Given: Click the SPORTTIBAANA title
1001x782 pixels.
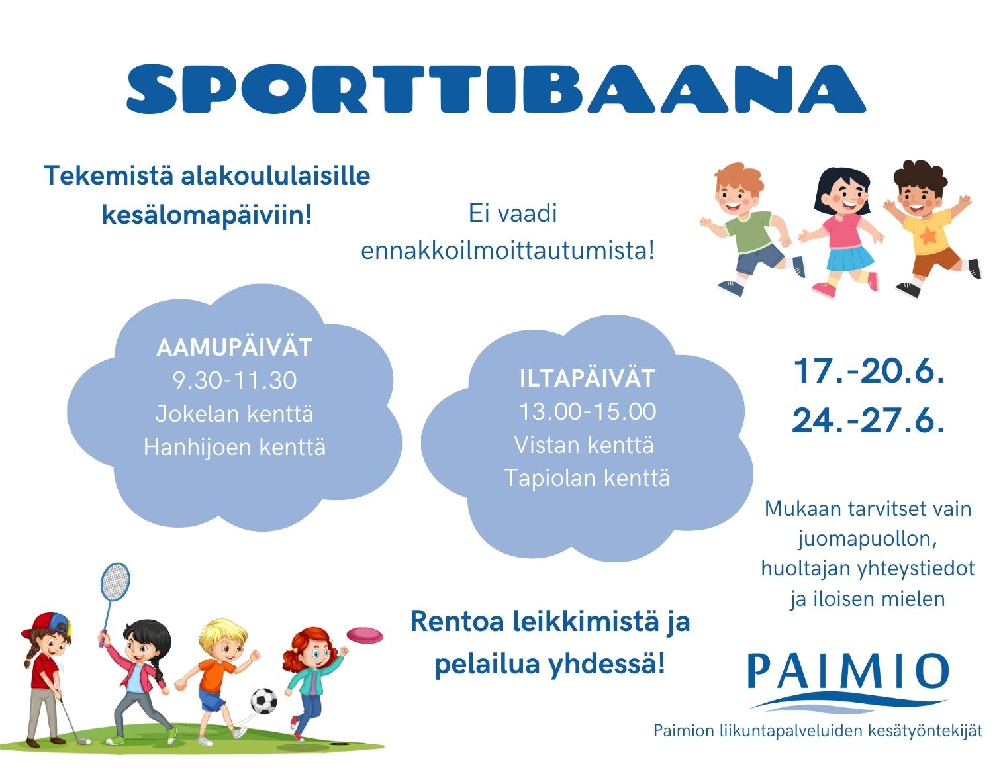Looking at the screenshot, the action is pyautogui.click(x=496, y=88).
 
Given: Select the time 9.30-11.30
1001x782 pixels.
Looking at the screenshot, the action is pyautogui.click(x=234, y=381).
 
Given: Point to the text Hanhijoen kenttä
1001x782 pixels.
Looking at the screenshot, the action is pyautogui.click(x=234, y=447).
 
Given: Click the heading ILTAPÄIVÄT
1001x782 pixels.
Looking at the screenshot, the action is pyautogui.click(x=587, y=378).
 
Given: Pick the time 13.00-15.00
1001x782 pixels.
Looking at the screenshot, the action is pyautogui.click(x=587, y=411).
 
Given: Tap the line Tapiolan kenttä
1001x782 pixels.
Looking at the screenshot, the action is pyautogui.click(x=587, y=478).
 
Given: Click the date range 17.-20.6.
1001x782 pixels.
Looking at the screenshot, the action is pyautogui.click(x=869, y=371).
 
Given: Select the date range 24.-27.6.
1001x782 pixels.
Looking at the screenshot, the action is pyautogui.click(x=869, y=420).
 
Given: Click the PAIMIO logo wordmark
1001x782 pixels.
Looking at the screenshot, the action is pyautogui.click(x=848, y=670).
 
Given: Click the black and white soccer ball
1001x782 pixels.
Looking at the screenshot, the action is pyautogui.click(x=264, y=701).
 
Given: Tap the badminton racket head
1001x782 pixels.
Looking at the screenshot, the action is pyautogui.click(x=115, y=581).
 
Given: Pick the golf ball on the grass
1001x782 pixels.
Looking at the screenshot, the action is pyautogui.click(x=83, y=741).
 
